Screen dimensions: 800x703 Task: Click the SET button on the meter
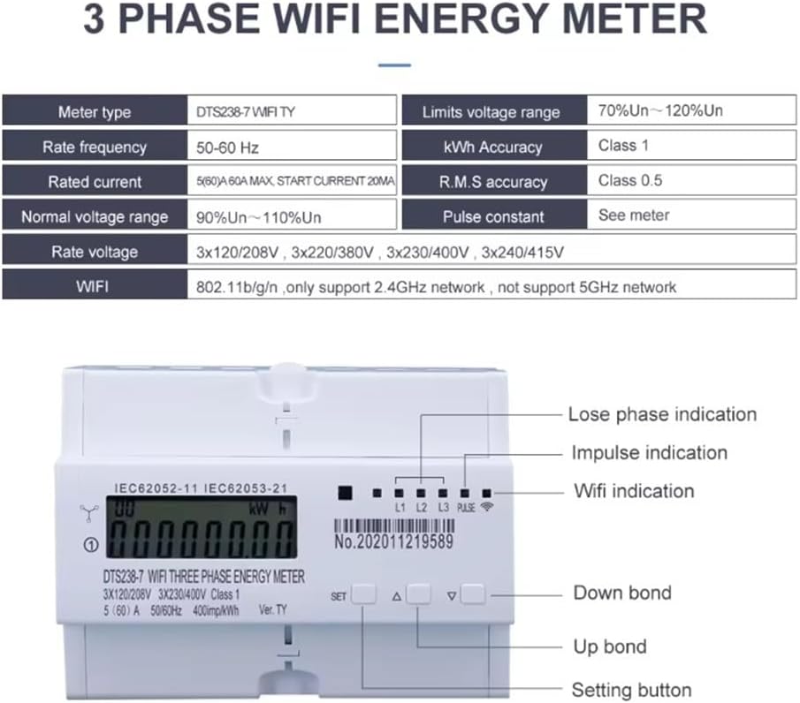[x=363, y=594]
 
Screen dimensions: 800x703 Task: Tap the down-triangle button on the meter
[x=473, y=594]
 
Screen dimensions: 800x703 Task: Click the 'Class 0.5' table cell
[x=630, y=180]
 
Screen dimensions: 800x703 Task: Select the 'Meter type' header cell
[x=94, y=112]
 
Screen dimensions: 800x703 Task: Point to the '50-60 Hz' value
[x=227, y=147]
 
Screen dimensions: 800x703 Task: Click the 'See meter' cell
[x=633, y=215]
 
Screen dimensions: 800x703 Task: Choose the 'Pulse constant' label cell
[x=494, y=216]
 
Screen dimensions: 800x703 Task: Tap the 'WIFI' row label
[x=94, y=287]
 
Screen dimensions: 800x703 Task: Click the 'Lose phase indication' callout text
[x=662, y=414]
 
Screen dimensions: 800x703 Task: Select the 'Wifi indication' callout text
[x=634, y=491]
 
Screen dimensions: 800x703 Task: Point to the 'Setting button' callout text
[x=631, y=690]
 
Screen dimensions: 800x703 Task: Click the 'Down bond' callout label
[x=622, y=593]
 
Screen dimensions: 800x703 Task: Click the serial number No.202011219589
[x=393, y=541]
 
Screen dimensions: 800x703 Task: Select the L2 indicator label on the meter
[x=422, y=508]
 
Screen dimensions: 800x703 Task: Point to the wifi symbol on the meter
[x=487, y=508]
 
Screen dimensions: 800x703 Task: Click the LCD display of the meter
[x=200, y=526]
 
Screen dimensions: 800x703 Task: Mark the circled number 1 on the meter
[x=88, y=545]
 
